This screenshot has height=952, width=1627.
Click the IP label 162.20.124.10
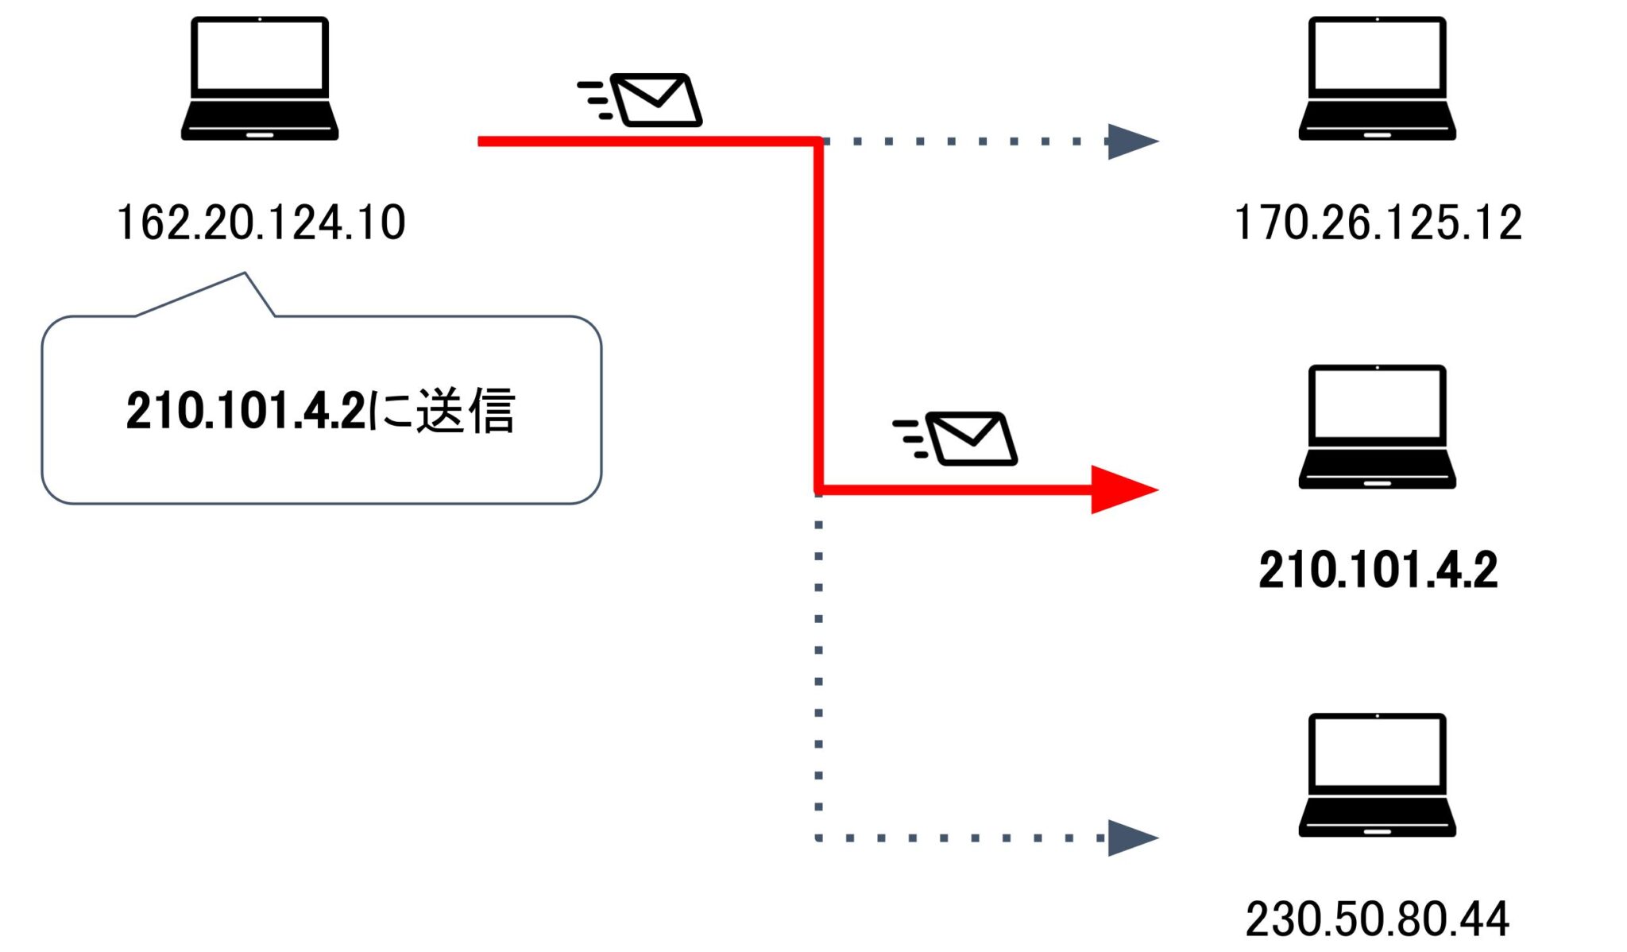261,223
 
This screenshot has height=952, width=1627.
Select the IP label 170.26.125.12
1378,223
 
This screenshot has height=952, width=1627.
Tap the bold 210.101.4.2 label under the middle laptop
1378,570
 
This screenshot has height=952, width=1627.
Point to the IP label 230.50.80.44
1377,919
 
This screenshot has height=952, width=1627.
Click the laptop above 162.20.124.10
260,79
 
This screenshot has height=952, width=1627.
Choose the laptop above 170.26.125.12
1377,79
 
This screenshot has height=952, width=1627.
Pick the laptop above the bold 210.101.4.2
1377,427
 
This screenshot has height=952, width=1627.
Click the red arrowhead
1122,490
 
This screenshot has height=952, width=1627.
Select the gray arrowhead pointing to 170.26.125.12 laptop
1130,141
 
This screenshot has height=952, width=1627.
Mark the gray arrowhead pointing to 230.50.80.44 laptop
1130,838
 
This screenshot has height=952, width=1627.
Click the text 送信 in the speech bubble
466,411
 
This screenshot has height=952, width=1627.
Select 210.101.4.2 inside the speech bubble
245,411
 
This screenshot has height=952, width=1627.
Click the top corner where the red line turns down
817,142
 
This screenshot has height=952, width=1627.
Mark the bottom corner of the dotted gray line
818,837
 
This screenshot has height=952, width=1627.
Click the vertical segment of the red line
817,318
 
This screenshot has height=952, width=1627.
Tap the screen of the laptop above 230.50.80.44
1377,751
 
